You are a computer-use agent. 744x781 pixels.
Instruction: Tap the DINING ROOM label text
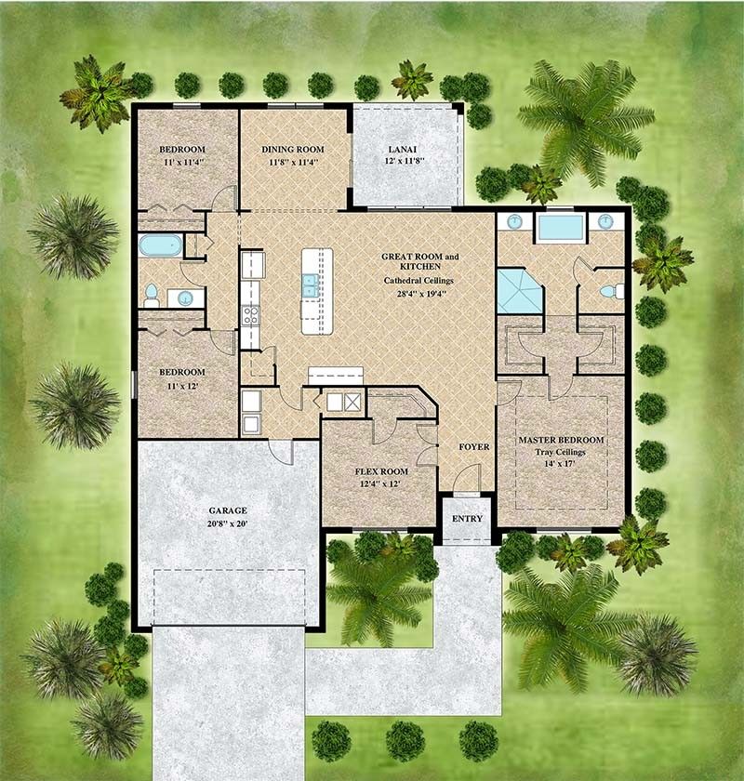point(292,149)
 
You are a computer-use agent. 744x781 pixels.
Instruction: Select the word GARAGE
point(228,510)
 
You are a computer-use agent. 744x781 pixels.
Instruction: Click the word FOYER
point(473,447)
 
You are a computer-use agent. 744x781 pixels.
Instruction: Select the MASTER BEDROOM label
point(561,440)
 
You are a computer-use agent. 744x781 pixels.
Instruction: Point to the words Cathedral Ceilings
point(420,280)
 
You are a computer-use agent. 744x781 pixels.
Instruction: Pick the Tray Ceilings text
point(561,453)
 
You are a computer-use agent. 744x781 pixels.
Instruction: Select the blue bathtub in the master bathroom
point(559,228)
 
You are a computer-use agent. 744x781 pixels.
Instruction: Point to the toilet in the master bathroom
point(609,291)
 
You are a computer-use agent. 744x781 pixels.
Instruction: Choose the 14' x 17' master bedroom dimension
point(561,466)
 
